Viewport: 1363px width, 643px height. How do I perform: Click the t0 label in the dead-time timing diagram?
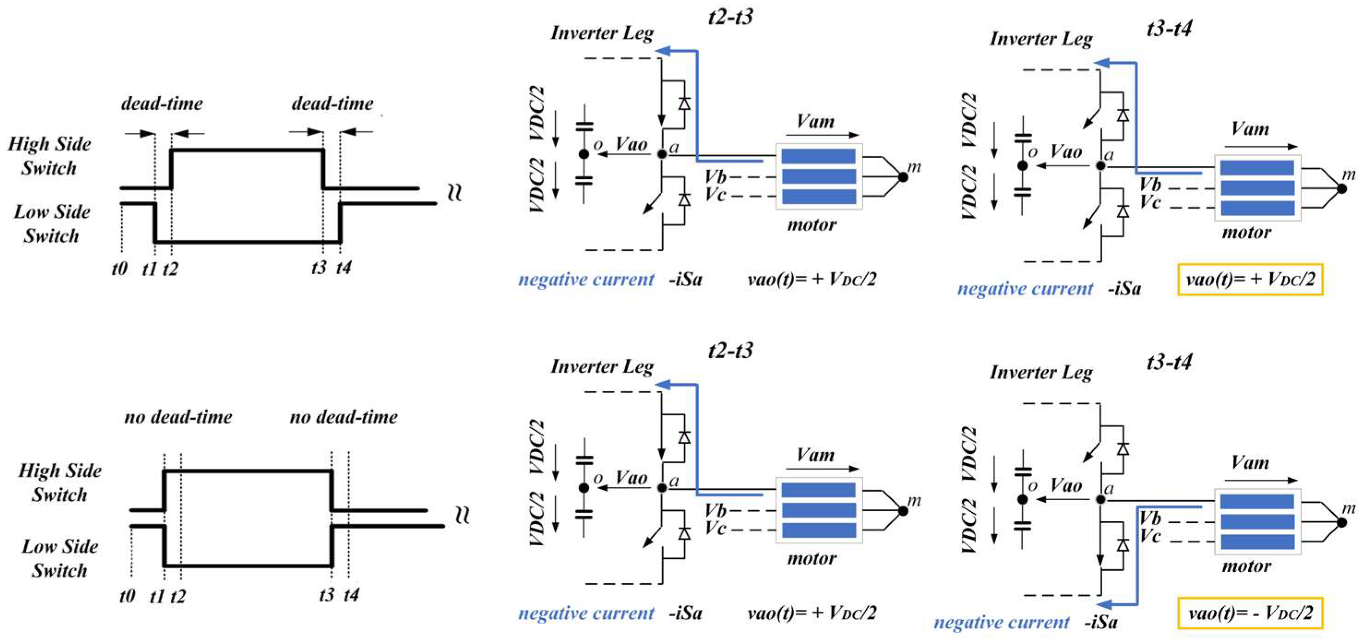click(x=120, y=269)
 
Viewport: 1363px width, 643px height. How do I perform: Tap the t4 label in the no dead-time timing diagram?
click(x=351, y=595)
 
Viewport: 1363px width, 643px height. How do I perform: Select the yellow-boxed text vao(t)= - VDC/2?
click(x=1250, y=613)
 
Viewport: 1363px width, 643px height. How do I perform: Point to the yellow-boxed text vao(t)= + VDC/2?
click(x=1250, y=279)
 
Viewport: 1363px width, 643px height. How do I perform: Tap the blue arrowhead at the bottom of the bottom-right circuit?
click(x=1103, y=604)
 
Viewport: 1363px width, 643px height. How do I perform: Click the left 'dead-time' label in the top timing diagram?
click(x=162, y=104)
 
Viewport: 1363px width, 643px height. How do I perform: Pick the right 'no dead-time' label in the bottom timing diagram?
click(x=343, y=417)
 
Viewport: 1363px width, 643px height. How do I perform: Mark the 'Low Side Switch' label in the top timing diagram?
click(x=51, y=224)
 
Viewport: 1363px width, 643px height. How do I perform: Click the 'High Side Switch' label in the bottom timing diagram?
click(x=60, y=482)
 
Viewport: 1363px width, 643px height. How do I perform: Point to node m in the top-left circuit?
click(x=903, y=177)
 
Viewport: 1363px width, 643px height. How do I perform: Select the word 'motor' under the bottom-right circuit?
click(x=1246, y=566)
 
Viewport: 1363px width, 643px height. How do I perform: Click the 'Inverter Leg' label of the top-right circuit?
click(x=1041, y=39)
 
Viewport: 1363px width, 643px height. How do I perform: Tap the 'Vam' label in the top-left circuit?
click(x=815, y=122)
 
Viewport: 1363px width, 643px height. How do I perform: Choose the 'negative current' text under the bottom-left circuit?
click(x=586, y=613)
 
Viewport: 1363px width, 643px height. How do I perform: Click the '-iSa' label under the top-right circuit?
click(x=1124, y=289)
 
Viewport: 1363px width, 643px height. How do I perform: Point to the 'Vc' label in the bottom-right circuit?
click(x=1150, y=536)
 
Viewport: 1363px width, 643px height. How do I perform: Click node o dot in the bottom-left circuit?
click(x=584, y=488)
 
